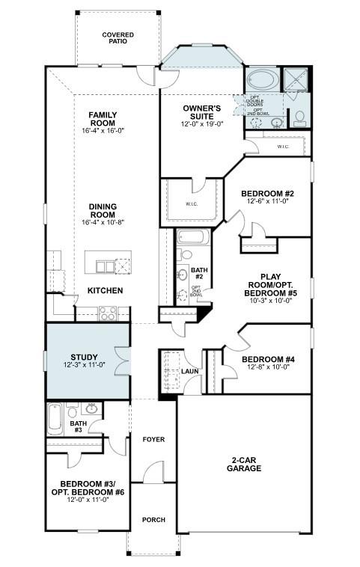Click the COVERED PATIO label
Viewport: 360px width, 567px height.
click(118, 37)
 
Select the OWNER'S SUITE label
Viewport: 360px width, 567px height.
click(202, 112)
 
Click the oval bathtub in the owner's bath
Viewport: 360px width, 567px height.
click(262, 79)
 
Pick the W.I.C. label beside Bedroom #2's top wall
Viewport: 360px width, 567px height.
click(283, 147)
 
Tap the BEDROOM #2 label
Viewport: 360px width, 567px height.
click(267, 194)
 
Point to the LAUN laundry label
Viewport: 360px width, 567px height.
click(191, 371)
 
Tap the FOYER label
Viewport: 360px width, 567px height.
click(153, 439)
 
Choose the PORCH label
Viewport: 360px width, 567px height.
click(153, 520)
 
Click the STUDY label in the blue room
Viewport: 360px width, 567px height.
click(85, 357)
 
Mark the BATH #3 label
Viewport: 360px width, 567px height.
click(78, 426)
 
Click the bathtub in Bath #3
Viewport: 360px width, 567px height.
click(55, 419)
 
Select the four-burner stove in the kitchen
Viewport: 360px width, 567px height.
click(107, 313)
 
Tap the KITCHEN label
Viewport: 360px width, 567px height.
click(106, 290)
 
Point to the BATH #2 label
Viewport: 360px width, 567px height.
click(198, 273)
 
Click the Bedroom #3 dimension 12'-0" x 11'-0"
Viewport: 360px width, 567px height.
click(85, 500)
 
